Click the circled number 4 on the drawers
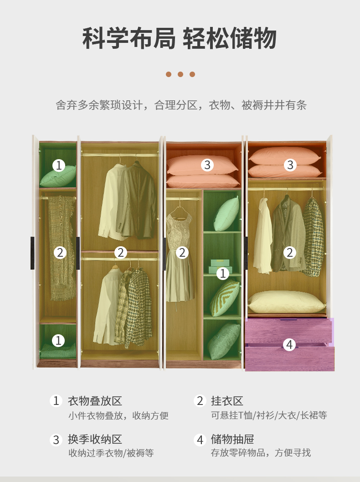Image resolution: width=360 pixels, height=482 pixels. [289, 345]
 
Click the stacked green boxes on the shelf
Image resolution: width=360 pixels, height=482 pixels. [220, 266]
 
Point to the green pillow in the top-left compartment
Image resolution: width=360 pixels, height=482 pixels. [58, 176]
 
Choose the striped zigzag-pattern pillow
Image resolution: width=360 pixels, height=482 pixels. [225, 298]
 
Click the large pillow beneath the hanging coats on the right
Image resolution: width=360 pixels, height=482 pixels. [286, 302]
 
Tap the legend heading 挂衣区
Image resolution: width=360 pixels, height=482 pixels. [227, 401]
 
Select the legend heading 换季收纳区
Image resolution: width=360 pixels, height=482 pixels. [95, 439]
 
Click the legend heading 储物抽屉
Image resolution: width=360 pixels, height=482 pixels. [232, 439]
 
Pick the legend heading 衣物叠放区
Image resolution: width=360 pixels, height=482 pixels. [95, 401]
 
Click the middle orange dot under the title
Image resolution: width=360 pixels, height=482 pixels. [180, 74]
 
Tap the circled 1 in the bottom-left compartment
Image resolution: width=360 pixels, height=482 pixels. [58, 341]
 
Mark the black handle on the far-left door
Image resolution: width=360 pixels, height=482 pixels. [32, 253]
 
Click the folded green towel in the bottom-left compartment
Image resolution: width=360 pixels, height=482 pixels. [58, 351]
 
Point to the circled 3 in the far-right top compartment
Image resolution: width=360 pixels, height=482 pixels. [290, 165]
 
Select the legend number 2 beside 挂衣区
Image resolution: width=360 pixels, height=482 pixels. [200, 401]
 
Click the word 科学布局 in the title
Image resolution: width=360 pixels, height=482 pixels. [129, 38]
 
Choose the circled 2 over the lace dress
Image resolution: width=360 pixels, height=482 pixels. [182, 253]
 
